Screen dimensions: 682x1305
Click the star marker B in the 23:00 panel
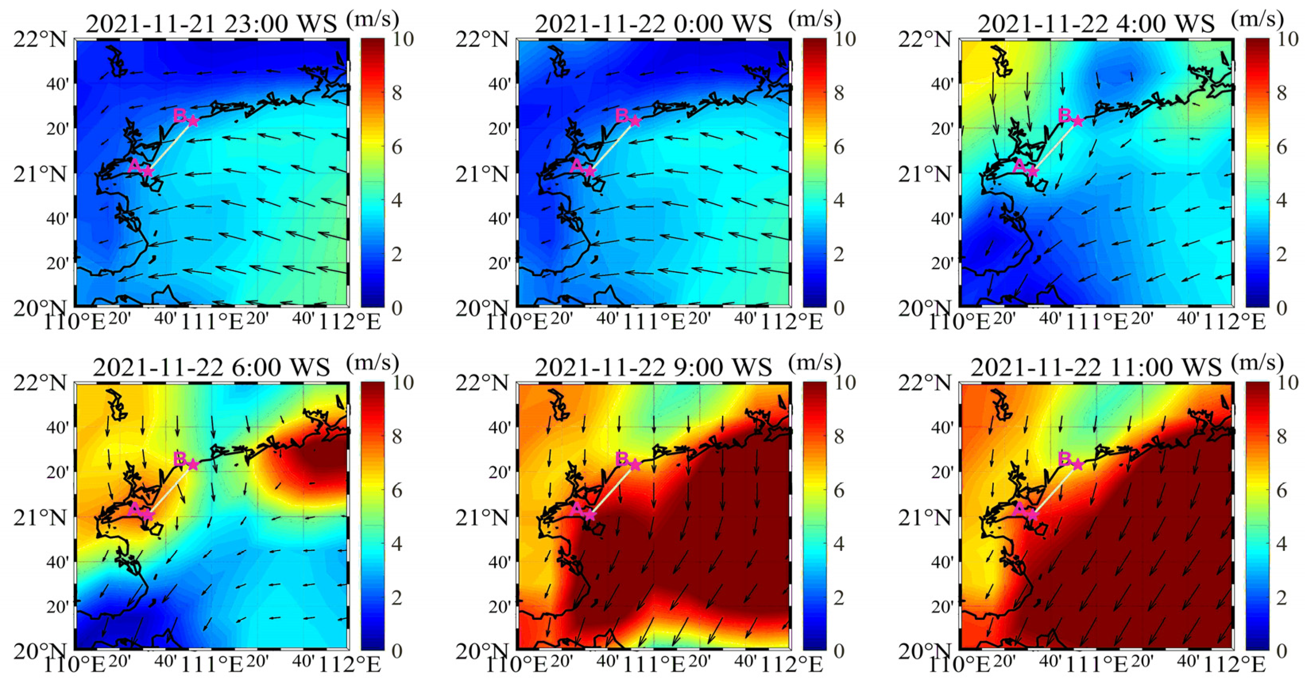coord(193,121)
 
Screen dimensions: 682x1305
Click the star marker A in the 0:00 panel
coord(590,171)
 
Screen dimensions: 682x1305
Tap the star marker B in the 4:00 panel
coord(1077,121)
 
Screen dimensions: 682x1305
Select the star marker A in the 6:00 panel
coord(147,515)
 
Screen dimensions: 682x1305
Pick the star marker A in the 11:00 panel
coord(1032,515)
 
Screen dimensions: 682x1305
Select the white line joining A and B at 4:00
coord(1055,146)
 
